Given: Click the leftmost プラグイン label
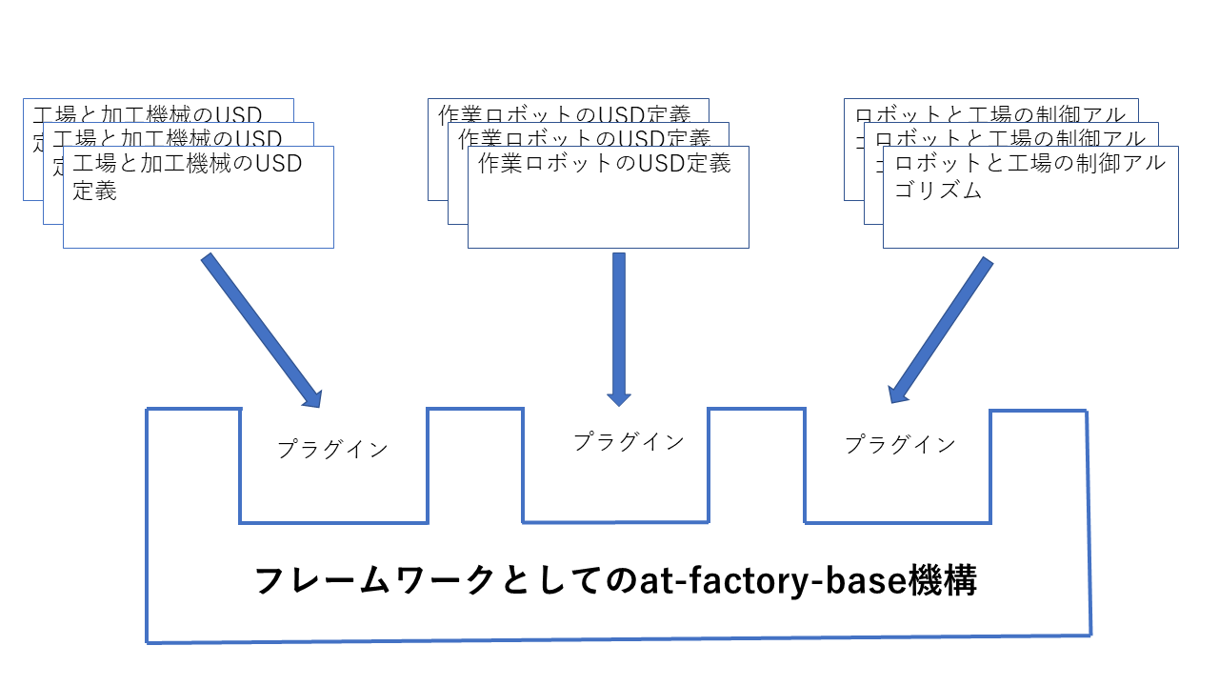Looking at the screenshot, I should tap(333, 449).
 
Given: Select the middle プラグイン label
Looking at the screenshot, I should tap(629, 441).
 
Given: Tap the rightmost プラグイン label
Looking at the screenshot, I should tap(900, 444).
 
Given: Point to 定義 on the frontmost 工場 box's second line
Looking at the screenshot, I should tap(95, 191).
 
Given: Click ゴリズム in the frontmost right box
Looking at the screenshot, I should tap(939, 191).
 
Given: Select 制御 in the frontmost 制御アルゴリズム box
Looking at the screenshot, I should tap(1077, 164).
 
